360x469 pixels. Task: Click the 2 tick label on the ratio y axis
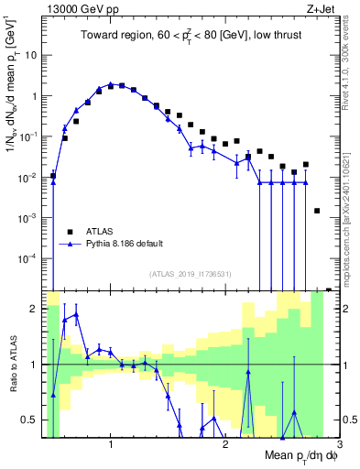coord(33,309)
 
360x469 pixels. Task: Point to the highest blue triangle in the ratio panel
coord(76,314)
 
